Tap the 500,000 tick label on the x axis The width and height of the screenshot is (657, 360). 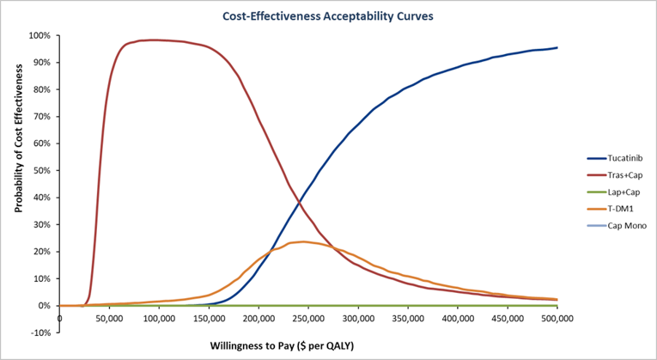[557, 319]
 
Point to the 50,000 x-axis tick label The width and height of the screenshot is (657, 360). [109, 319]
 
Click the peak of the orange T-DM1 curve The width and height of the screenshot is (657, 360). [302, 241]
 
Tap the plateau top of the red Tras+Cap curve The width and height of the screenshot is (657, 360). [155, 40]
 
